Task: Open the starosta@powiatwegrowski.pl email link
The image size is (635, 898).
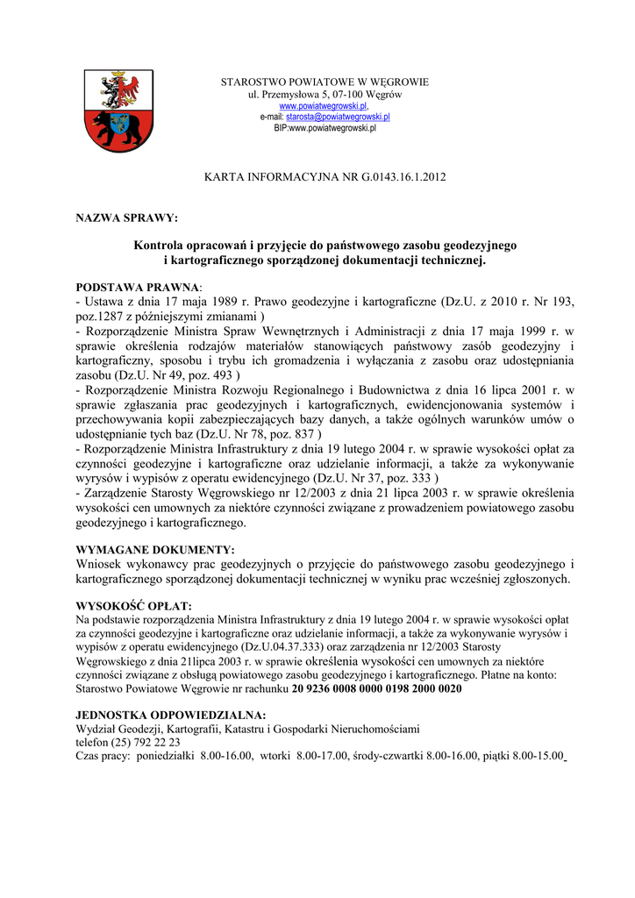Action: (x=338, y=117)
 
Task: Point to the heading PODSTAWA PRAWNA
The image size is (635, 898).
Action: (x=138, y=287)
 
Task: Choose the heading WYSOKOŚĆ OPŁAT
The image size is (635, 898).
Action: (x=133, y=606)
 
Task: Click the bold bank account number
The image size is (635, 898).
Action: (x=376, y=689)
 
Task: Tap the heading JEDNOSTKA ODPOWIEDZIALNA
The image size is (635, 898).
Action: (x=170, y=716)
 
